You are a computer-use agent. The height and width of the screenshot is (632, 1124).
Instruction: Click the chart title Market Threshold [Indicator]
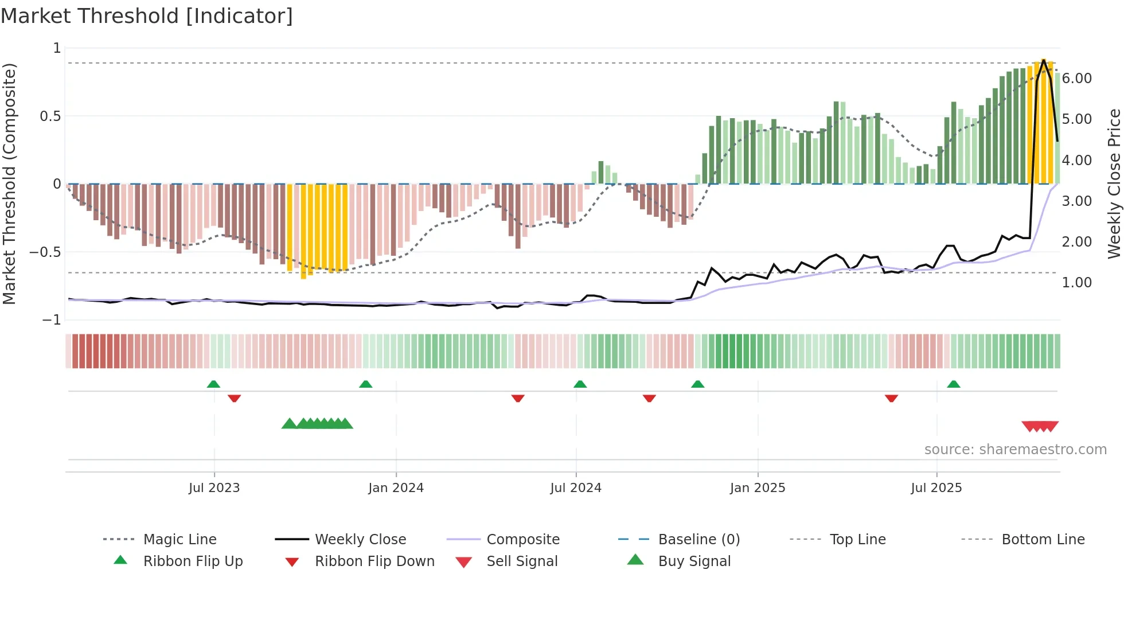pyautogui.click(x=147, y=16)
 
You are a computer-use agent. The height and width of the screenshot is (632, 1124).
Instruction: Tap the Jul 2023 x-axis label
pyautogui.click(x=214, y=488)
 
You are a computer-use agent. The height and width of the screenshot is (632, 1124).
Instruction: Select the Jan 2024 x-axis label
pyautogui.click(x=396, y=488)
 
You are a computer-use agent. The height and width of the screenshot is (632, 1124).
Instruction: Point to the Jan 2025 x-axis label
pyautogui.click(x=757, y=488)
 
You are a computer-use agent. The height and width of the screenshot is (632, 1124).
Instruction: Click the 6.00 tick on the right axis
pyautogui.click(x=1076, y=79)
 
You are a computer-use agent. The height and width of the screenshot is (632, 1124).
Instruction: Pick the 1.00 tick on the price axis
pyautogui.click(x=1076, y=283)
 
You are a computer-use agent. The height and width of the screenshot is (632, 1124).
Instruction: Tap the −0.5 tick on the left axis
pyautogui.click(x=45, y=252)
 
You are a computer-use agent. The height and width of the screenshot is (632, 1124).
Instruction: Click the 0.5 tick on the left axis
pyautogui.click(x=50, y=116)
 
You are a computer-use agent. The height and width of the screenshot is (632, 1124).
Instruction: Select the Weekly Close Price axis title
pyautogui.click(x=1114, y=184)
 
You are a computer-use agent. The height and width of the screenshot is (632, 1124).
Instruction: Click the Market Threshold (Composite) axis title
pyautogui.click(x=9, y=184)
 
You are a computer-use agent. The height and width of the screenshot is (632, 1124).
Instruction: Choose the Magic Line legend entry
pyautogui.click(x=179, y=540)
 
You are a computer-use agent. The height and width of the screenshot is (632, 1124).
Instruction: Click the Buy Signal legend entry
pyautogui.click(x=694, y=561)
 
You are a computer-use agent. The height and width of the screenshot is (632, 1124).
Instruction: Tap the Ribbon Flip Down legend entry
pyautogui.click(x=374, y=561)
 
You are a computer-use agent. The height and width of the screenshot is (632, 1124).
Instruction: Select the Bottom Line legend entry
pyautogui.click(x=1043, y=540)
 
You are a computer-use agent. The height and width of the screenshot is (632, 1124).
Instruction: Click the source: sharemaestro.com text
pyautogui.click(x=1015, y=450)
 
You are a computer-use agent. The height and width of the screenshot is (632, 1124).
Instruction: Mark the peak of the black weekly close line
pyautogui.click(x=1044, y=60)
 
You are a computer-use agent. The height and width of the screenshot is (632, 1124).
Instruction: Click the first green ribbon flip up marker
pyautogui.click(x=213, y=384)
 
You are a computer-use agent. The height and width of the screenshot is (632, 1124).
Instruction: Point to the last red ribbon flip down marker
pyautogui.click(x=891, y=398)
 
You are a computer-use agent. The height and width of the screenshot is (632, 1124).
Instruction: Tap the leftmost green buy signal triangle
pyautogui.click(x=290, y=424)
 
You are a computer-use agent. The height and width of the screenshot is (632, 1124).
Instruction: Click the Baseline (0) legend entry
pyautogui.click(x=698, y=540)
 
